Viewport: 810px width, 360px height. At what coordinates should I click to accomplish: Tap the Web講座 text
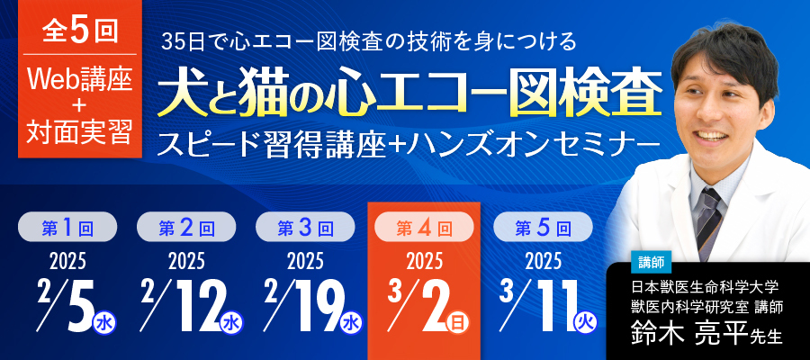point(82,80)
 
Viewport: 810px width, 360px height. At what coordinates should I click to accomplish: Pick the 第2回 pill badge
point(185,228)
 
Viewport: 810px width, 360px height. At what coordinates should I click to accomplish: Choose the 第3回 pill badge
point(305,228)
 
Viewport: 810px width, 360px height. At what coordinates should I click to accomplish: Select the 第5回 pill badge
point(543,228)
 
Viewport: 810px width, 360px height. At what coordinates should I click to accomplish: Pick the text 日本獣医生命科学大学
point(704,288)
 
